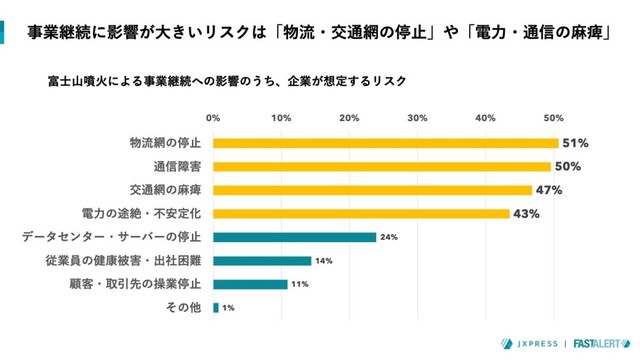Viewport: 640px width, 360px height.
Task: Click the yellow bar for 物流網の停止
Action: tap(385, 143)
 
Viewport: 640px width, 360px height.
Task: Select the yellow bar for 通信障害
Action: tap(382, 166)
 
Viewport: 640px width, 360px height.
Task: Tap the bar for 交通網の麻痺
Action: tap(372, 190)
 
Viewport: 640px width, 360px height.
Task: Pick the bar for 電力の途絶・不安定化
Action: tap(361, 213)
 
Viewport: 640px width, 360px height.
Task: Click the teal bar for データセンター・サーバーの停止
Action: tap(294, 237)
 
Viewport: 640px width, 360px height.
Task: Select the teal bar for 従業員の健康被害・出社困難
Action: tap(262, 261)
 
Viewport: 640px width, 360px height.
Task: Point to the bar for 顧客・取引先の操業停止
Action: tap(250, 284)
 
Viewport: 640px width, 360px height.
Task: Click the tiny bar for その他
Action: tap(216, 308)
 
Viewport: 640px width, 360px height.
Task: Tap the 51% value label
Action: tap(575, 143)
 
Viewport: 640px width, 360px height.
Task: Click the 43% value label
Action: tap(527, 213)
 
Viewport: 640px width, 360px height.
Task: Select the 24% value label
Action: tap(389, 237)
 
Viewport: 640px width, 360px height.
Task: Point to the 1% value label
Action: tap(229, 308)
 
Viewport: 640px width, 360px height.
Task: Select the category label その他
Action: tap(187, 308)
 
